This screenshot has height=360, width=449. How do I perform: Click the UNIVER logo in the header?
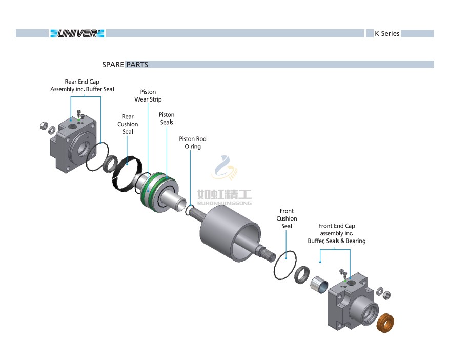[77, 33]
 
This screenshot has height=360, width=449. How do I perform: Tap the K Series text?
[386, 33]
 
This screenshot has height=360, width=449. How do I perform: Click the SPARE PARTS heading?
[125, 65]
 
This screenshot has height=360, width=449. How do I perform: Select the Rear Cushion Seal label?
[128, 124]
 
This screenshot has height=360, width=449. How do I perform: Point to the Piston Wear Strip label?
[148, 96]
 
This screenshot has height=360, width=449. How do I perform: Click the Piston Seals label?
[167, 118]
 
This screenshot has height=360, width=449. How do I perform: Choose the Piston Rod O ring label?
[193, 143]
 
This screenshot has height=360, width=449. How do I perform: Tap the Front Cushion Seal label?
[287, 218]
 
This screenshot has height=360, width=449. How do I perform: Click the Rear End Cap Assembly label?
[82, 85]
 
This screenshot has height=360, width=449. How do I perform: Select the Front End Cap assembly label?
[337, 233]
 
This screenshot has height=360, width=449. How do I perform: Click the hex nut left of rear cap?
[44, 125]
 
